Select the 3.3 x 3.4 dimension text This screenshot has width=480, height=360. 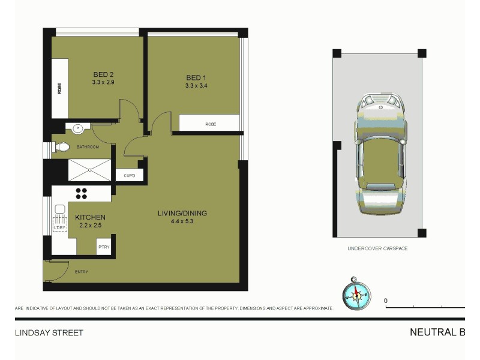coord(197,86)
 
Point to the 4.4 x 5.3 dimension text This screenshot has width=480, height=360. coord(182,221)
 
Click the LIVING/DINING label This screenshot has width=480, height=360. coord(182,213)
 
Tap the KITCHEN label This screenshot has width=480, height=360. coord(90,217)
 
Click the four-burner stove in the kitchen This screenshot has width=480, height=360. coord(81,193)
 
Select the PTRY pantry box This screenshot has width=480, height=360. coord(104,247)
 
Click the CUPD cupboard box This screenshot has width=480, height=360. coord(129,176)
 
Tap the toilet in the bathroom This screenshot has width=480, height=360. coord(62,147)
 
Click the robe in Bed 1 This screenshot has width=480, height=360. coord(210,124)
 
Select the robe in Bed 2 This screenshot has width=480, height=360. coord(59,89)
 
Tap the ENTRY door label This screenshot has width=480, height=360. coord(81,272)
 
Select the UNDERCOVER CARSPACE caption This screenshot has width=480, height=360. coord(377,248)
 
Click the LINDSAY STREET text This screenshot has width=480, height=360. coord(49,332)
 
